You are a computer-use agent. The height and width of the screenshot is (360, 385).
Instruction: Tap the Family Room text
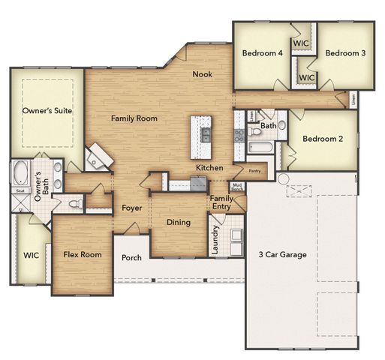coord(134,118)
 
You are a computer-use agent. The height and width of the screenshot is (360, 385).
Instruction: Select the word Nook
coord(202,73)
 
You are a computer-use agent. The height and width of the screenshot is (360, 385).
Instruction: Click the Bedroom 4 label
coord(262,53)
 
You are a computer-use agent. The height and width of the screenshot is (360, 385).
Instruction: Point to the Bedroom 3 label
coord(345,53)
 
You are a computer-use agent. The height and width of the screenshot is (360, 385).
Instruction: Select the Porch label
coord(131,258)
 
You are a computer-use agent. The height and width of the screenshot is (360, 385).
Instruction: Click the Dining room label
coord(178,222)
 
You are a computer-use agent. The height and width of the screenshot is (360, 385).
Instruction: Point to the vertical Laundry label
coord(215,239)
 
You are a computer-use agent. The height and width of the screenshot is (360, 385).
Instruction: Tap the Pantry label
coord(254,171)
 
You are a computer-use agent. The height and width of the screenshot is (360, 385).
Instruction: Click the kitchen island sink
coord(204,136)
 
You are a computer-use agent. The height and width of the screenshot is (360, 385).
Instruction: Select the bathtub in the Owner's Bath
coord(20,172)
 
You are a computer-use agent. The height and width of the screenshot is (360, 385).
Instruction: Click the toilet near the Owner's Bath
coord(74,202)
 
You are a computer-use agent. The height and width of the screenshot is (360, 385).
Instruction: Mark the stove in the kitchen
coord(239,136)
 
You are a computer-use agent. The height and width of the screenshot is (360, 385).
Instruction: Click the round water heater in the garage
coord(282,179)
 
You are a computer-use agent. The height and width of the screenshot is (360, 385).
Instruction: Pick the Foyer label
coord(132,208)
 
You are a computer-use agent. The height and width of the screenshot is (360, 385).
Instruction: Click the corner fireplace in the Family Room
coord(97,157)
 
